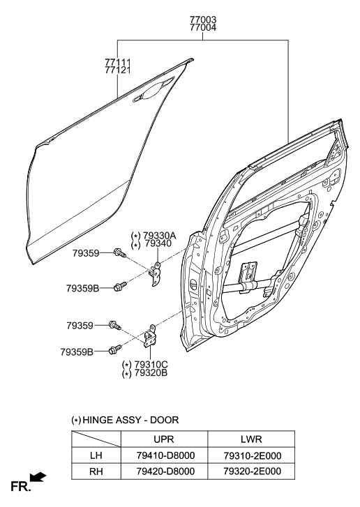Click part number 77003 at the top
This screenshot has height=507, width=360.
coord(203,20)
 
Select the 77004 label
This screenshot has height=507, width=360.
coord(203,27)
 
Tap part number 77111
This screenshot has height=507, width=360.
coord(118,62)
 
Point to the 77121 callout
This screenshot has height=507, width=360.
coord(118,70)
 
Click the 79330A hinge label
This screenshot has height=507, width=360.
coord(160,236)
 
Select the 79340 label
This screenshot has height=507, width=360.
coord(158,244)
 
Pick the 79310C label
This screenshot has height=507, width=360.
coord(151,365)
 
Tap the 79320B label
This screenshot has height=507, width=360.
coord(151,373)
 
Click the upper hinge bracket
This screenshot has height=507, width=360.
coord(156,273)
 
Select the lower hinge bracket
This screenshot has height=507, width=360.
coord(149,336)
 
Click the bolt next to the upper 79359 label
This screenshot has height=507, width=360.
coord(119,253)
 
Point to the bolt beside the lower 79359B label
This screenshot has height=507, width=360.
coord(115,349)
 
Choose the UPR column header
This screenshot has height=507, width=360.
coord(164,439)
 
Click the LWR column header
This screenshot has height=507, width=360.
coord(251,439)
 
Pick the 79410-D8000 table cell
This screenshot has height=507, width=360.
coord(165,455)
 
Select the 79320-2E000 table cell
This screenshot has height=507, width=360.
coord(253,471)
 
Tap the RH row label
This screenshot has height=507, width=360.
coord(96,471)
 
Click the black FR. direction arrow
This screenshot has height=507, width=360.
coord(38,477)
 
